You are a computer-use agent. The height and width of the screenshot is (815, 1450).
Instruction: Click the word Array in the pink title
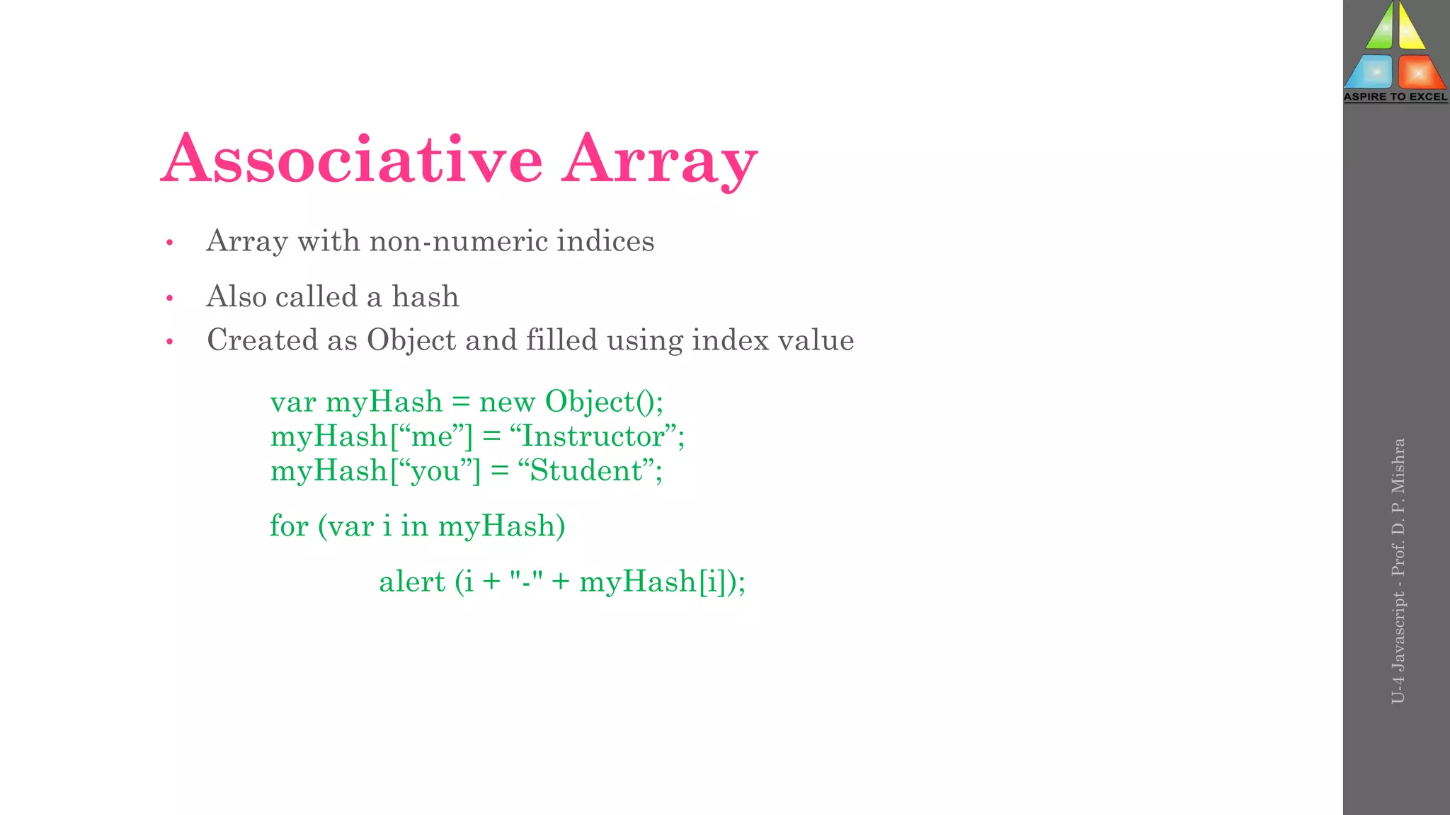click(660, 161)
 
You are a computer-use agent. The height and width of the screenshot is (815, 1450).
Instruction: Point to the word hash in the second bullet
click(425, 296)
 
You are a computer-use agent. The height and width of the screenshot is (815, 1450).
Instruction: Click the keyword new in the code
click(507, 403)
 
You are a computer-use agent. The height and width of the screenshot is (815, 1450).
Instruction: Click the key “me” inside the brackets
click(432, 437)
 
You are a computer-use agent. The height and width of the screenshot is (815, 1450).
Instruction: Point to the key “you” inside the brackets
click(435, 471)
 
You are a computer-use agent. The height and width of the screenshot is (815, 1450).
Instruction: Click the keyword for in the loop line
click(289, 526)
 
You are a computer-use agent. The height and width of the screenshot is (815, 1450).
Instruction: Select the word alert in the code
click(412, 582)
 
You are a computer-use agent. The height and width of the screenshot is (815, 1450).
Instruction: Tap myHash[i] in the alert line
click(658, 582)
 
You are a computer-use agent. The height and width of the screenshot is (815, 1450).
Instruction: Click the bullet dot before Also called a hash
click(170, 299)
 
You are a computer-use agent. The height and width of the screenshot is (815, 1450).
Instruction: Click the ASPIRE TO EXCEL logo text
click(1395, 97)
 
